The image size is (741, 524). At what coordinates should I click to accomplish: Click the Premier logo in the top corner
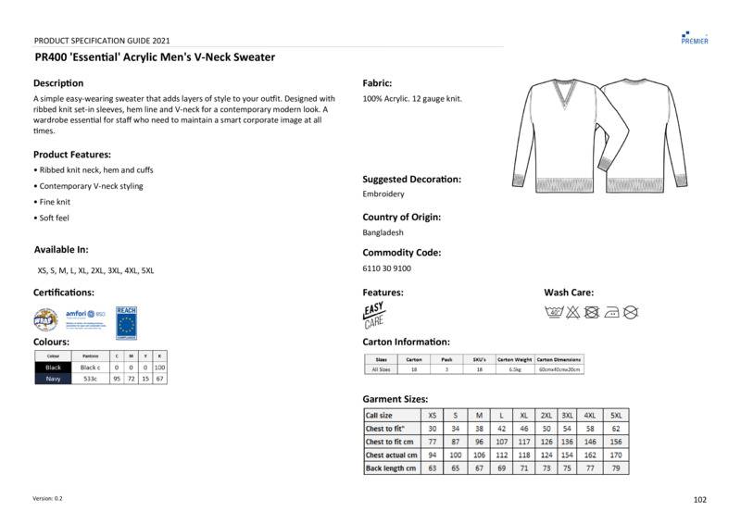coord(694,37)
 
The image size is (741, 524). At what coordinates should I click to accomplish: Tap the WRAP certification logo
coord(45,319)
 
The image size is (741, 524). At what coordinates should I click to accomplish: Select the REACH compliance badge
coord(126,318)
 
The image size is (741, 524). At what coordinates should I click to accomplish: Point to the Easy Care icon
coord(373,315)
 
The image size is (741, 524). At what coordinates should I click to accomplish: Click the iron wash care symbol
coord(610,312)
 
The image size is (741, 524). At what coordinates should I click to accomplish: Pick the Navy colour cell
coord(53,379)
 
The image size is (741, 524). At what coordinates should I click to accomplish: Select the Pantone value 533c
coord(90,379)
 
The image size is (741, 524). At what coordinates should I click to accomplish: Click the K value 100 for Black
coord(159,368)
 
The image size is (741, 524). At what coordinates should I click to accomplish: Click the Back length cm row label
coord(391,468)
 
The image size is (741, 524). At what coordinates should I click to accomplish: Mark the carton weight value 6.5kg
coord(514,369)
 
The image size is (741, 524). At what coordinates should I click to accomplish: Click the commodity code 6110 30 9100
coord(386,268)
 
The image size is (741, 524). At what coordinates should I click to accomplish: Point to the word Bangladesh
coord(383,233)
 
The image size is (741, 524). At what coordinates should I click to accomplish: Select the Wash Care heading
coord(568,293)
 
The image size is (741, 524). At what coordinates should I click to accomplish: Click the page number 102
coord(699,500)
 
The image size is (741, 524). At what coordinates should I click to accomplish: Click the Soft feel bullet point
coord(54,218)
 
